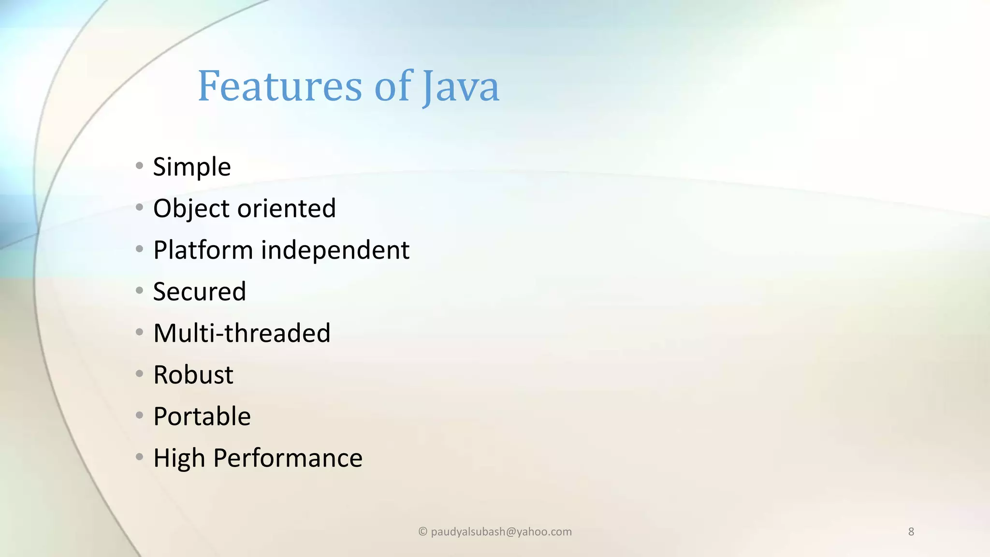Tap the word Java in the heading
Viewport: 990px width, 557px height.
click(460, 87)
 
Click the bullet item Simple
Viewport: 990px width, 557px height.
click(192, 167)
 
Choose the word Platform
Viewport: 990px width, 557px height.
click(203, 250)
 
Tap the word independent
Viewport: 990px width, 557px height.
click(335, 250)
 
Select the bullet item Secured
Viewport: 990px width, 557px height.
click(199, 292)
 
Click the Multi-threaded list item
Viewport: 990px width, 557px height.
click(242, 333)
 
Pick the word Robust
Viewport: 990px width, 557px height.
click(193, 375)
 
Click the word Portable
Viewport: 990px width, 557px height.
click(202, 416)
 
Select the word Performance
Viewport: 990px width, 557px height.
click(288, 458)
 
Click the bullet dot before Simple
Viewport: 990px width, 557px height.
click(140, 166)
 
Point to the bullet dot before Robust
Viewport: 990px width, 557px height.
click(140, 373)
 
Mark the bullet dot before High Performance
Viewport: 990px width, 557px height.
click(140, 456)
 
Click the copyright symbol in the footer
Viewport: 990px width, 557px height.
click(422, 532)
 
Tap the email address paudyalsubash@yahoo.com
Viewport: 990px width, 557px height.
click(501, 532)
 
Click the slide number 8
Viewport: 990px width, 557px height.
click(911, 532)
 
